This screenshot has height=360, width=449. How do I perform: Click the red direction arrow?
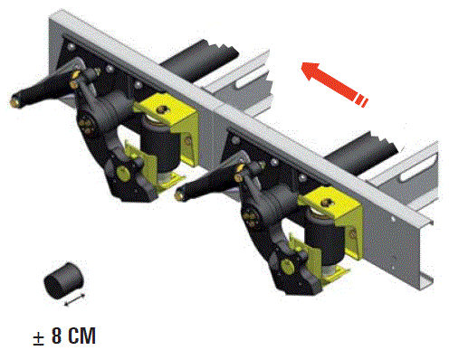tap(334, 84)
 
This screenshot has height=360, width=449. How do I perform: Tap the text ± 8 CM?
tap(64, 336)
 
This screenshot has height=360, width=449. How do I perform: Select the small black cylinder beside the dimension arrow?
tap(63, 280)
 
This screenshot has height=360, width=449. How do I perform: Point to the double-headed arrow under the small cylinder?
tap(75, 300)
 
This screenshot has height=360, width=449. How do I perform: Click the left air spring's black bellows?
tap(160, 147)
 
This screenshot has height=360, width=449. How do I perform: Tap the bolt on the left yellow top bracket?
tap(163, 109)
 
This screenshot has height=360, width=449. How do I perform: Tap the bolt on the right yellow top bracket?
tap(326, 203)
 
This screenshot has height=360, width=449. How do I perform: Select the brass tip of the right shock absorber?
tap(180, 195)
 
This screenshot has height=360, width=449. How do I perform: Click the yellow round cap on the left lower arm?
tap(122, 173)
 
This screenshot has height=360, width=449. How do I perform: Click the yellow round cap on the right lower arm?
tap(287, 266)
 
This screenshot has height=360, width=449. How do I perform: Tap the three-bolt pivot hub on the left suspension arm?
tap(87, 123)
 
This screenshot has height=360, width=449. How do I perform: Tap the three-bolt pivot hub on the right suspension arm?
tap(252, 216)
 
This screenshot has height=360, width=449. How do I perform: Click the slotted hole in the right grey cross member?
tap(419, 168)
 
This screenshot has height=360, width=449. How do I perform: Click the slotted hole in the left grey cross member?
tap(253, 77)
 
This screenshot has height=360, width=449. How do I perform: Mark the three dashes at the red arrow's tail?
tap(361, 100)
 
